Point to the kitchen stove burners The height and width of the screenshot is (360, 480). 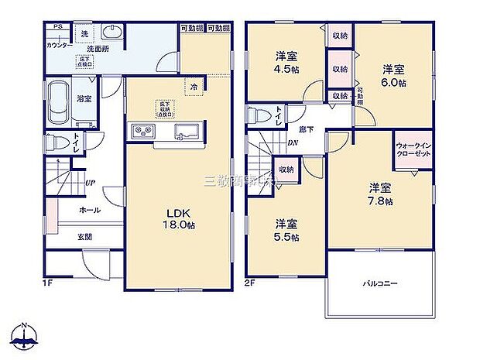tap(144, 130)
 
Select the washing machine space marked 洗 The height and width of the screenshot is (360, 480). tap(83, 34)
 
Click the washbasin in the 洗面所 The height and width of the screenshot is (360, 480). tap(113, 33)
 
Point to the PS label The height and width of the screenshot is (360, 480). tap(57, 27)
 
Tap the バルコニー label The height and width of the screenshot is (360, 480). tap(380, 283)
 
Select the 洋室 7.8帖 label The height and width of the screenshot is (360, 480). tap(379, 194)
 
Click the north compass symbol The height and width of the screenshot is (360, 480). tap(25, 336)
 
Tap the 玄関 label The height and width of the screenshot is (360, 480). tap(84, 237)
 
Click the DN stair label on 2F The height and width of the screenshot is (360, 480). tap(293, 143)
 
